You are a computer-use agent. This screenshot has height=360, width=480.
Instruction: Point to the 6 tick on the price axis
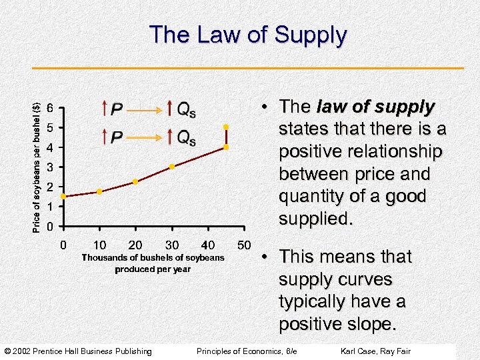click(51, 108)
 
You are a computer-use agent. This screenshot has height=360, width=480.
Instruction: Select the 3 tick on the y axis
click(51, 167)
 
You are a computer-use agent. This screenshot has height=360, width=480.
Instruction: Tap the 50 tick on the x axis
click(244, 245)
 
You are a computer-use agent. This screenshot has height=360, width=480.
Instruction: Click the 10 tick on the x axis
click(99, 245)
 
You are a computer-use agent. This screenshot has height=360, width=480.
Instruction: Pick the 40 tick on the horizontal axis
click(208, 245)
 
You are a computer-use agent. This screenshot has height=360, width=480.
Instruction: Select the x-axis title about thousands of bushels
click(153, 263)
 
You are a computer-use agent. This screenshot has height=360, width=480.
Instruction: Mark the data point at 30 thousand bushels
click(172, 167)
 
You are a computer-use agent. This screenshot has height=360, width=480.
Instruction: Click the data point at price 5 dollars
click(226, 127)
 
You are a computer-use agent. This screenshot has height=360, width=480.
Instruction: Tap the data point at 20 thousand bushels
click(135, 181)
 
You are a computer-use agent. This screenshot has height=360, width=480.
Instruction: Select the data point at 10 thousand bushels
click(99, 191)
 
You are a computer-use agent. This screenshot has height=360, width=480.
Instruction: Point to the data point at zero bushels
click(63, 197)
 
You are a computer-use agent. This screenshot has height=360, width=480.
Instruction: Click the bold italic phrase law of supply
click(375, 107)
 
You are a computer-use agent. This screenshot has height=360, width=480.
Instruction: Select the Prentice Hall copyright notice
click(78, 351)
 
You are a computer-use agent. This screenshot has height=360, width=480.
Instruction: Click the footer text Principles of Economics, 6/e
click(246, 351)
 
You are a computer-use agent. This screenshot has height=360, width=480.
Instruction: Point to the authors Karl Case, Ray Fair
click(375, 351)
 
